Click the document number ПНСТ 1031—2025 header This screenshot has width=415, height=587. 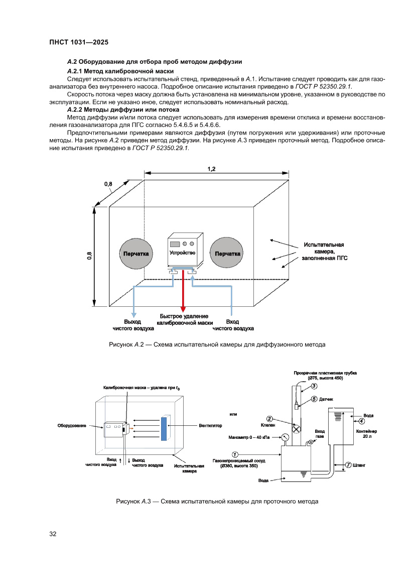pos(79,42)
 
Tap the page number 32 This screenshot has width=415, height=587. pos(52,534)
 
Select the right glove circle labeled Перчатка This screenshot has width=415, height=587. pos(227,254)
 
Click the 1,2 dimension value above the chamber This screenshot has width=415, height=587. pos(211,169)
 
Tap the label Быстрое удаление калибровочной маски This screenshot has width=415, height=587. pos(184,320)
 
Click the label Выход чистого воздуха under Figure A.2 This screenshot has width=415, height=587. pos(132,325)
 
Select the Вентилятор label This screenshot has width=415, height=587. pos(210,426)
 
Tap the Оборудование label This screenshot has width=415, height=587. pos(72,426)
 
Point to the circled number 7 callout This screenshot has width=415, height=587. pos(348,465)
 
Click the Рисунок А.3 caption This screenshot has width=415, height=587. pos(217,501)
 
